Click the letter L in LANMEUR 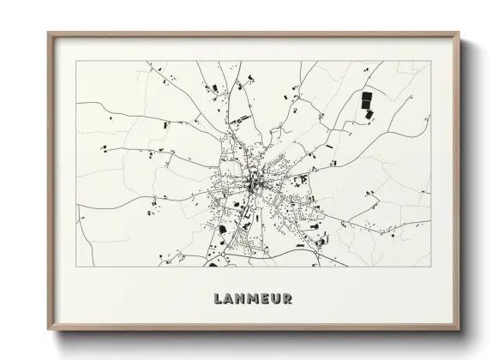216,299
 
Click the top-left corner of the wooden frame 48,33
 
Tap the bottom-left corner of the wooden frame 48,330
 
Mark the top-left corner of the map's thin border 76,61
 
